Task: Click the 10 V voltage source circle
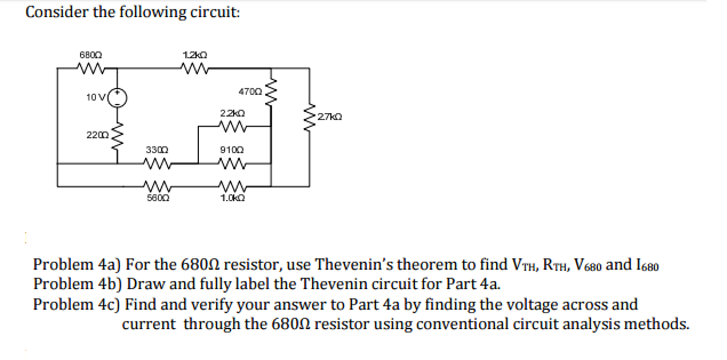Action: click(117, 98)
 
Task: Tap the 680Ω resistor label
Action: click(91, 55)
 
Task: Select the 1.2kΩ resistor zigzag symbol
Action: click(194, 68)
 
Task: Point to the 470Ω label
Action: click(250, 92)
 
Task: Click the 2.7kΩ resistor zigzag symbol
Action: click(309, 117)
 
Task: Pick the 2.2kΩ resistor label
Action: click(232, 113)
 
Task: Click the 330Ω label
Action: click(157, 150)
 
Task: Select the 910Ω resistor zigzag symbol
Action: click(231, 163)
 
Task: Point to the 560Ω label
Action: click(158, 198)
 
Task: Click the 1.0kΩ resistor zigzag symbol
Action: click(232, 186)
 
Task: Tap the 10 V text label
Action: click(96, 97)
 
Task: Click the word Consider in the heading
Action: click(56, 12)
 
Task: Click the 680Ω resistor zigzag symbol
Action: click(91, 68)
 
